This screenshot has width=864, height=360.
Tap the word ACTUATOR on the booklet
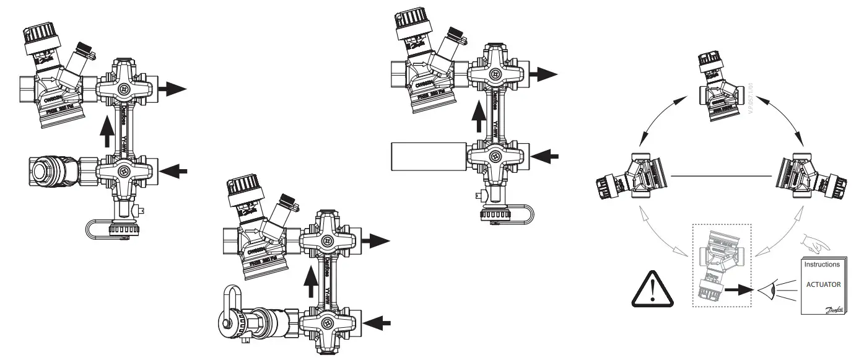tap(821, 285)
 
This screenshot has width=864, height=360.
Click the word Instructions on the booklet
tap(821, 265)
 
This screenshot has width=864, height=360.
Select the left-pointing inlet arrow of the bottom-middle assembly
tap(378, 322)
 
